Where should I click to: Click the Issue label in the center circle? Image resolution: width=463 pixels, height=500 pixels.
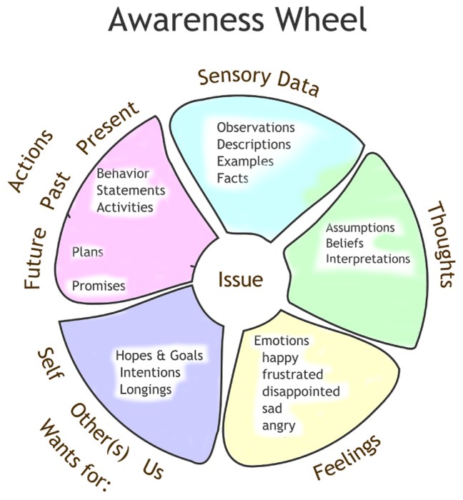[x=240, y=279]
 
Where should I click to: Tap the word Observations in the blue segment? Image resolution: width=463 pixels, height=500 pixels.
[x=256, y=128]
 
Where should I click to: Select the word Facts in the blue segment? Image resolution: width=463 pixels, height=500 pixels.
[x=232, y=178]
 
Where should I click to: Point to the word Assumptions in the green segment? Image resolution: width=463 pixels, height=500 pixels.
[x=360, y=228]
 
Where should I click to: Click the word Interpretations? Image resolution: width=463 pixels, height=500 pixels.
[x=368, y=259]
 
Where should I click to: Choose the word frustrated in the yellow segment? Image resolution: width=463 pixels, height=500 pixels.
[x=292, y=374]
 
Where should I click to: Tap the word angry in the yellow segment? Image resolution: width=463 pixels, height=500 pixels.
[x=279, y=426]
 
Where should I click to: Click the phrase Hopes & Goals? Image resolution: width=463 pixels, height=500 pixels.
[x=159, y=356]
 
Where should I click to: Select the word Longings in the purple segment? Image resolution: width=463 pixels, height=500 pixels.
[x=146, y=389]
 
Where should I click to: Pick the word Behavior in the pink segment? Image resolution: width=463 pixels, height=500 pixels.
[x=123, y=174]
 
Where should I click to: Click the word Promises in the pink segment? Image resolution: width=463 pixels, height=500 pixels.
[x=99, y=286]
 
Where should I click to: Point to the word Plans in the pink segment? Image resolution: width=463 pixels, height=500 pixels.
[x=88, y=252]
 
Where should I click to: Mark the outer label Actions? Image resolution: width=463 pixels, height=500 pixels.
[x=31, y=161]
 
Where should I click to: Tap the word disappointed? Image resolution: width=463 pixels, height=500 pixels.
[x=301, y=391]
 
